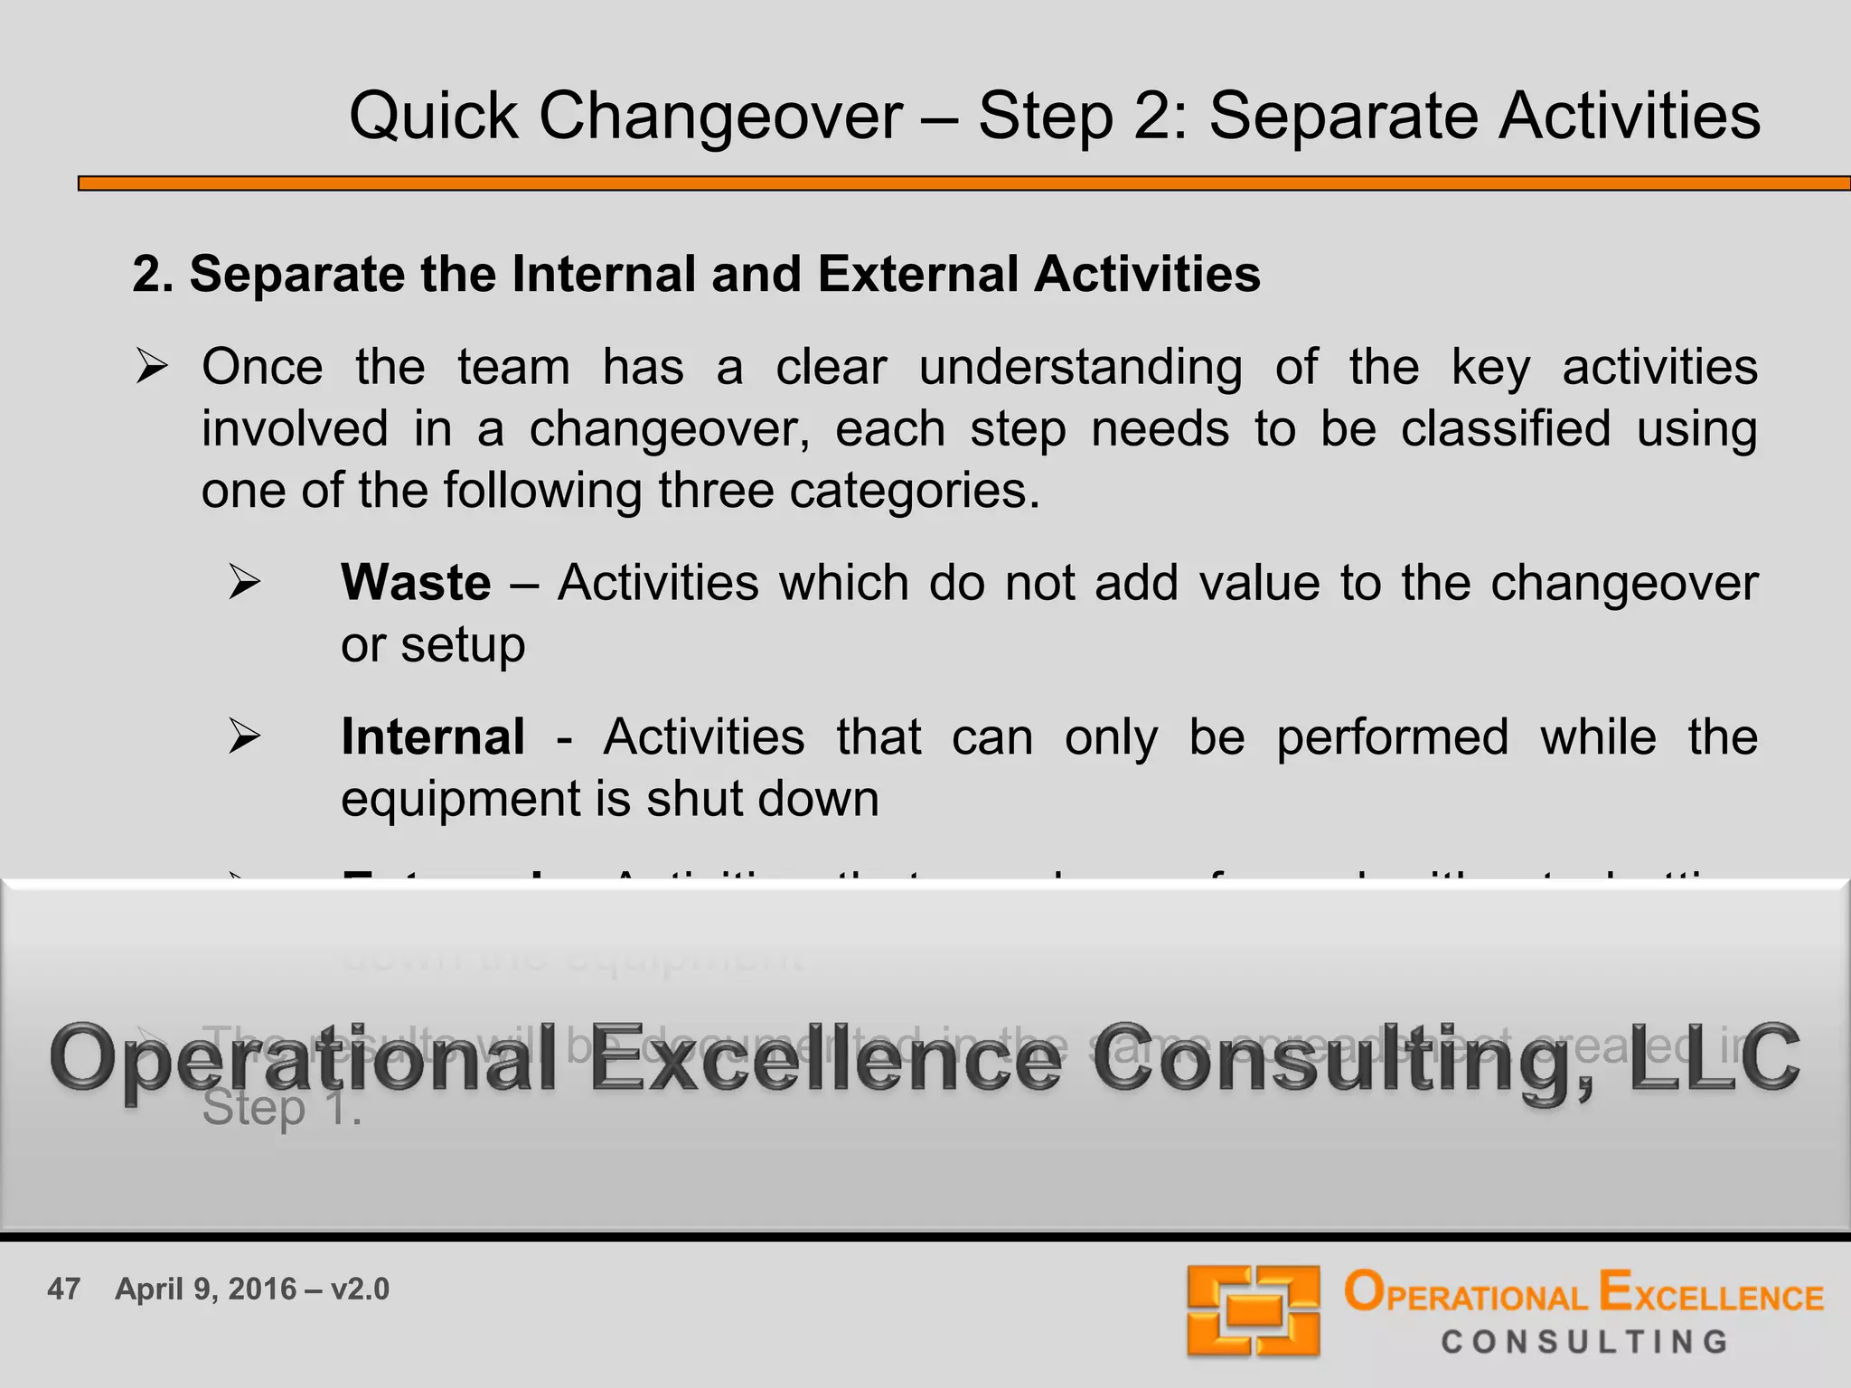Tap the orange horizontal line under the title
click(963, 183)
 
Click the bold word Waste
click(416, 583)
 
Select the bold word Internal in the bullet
click(433, 737)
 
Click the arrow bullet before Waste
click(244, 582)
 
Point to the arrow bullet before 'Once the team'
click(151, 368)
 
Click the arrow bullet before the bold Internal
click(244, 736)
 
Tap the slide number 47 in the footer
click(63, 1289)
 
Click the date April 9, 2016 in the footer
click(205, 1289)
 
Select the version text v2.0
click(360, 1289)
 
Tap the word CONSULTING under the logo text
click(1584, 1342)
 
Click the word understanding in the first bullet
click(1080, 368)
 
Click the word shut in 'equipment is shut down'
click(696, 800)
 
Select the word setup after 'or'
click(463, 645)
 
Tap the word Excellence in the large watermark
click(826, 1059)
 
